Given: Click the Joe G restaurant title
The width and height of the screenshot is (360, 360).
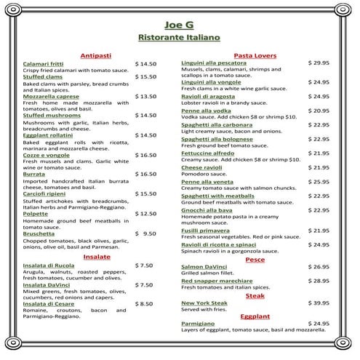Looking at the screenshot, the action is pyautogui.click(x=179, y=21).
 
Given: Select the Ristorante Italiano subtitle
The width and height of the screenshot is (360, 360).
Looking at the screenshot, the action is pyautogui.click(x=179, y=36).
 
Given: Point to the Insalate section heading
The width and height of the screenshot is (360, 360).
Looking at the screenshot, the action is pyautogui.click(x=97, y=257).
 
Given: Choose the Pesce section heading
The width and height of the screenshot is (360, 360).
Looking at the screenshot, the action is pyautogui.click(x=255, y=259).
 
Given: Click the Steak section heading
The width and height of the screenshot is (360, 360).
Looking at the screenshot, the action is pyautogui.click(x=255, y=295).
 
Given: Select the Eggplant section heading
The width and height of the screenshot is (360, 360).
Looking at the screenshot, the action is pyautogui.click(x=255, y=316).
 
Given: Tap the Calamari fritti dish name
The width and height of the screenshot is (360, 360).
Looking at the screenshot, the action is pyautogui.click(x=43, y=64).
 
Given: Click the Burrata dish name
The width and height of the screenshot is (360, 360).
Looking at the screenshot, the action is pyautogui.click(x=34, y=175).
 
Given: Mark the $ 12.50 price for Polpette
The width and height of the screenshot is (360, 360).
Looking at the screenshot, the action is pyautogui.click(x=145, y=214).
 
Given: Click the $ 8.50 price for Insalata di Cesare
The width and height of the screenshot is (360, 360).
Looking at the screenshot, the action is pyautogui.click(x=143, y=303).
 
